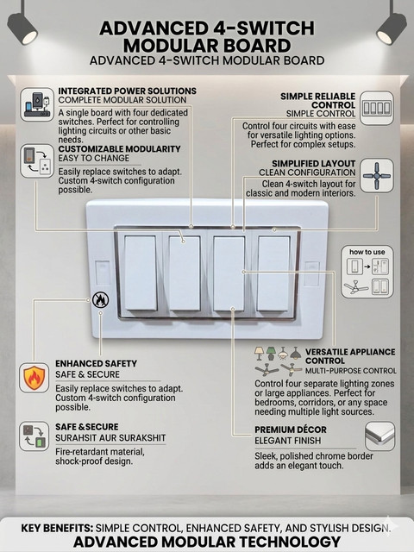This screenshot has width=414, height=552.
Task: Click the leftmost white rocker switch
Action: (x=141, y=273)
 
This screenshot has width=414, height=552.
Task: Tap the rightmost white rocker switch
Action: (x=273, y=273)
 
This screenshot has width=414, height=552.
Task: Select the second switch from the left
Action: (x=185, y=273)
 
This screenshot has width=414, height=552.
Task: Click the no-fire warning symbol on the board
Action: (x=100, y=300)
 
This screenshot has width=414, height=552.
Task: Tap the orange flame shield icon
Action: (x=34, y=378)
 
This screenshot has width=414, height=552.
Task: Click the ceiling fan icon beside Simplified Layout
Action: (x=377, y=175)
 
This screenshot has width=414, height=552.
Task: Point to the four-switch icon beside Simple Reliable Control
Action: (x=377, y=108)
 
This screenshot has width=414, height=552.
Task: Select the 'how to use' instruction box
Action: (x=367, y=272)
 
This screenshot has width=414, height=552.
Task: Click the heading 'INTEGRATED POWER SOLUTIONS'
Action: (x=128, y=91)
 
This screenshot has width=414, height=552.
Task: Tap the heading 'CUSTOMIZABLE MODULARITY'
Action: (x=119, y=149)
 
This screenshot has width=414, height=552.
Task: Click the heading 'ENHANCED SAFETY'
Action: (x=96, y=363)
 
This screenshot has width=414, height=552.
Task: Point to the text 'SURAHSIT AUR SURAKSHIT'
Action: (x=110, y=438)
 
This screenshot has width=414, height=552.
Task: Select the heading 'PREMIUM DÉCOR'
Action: (x=291, y=430)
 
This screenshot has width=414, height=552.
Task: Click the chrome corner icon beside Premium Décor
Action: (x=379, y=436)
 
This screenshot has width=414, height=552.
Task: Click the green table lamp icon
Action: (x=271, y=354)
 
